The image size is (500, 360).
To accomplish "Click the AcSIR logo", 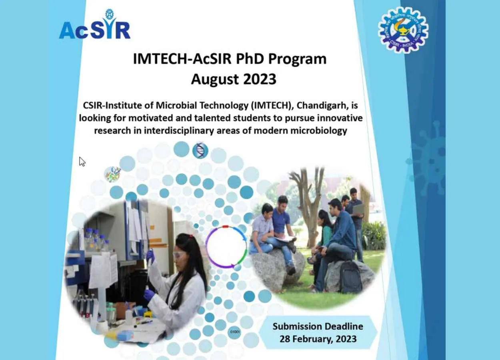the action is click(95, 24).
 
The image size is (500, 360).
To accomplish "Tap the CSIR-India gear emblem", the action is click(403, 30).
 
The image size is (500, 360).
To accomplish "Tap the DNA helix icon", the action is click(200, 151).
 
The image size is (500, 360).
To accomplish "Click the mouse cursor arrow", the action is click(82, 162).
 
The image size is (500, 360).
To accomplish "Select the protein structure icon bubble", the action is click(112, 174).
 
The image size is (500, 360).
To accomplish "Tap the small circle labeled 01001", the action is click(235, 332).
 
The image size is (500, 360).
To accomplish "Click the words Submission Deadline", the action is click(318, 326).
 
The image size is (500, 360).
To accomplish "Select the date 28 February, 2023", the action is click(318, 339).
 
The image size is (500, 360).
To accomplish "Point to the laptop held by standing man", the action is click(358, 209).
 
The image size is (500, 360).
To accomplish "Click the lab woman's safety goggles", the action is click(180, 254).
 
